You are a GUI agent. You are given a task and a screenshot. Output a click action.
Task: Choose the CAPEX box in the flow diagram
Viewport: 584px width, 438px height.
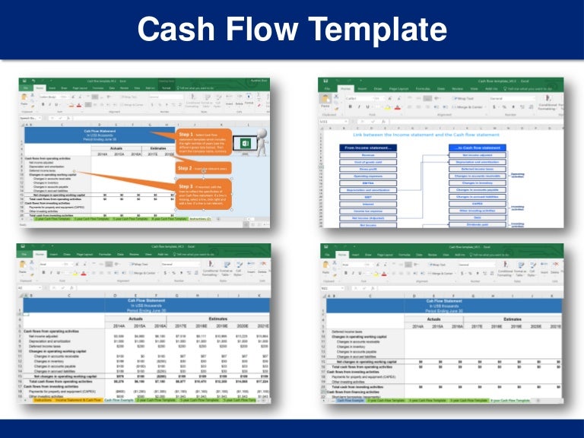tap(477, 203)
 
